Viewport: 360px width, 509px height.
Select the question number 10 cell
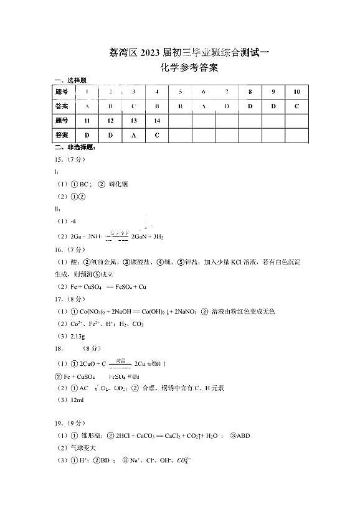[296, 91]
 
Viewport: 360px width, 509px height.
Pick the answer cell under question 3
[133, 106]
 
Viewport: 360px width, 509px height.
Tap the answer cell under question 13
[133, 135]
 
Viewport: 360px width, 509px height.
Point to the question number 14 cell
[157, 120]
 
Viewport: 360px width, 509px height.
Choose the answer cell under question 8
[250, 106]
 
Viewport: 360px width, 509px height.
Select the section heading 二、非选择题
[71, 147]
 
